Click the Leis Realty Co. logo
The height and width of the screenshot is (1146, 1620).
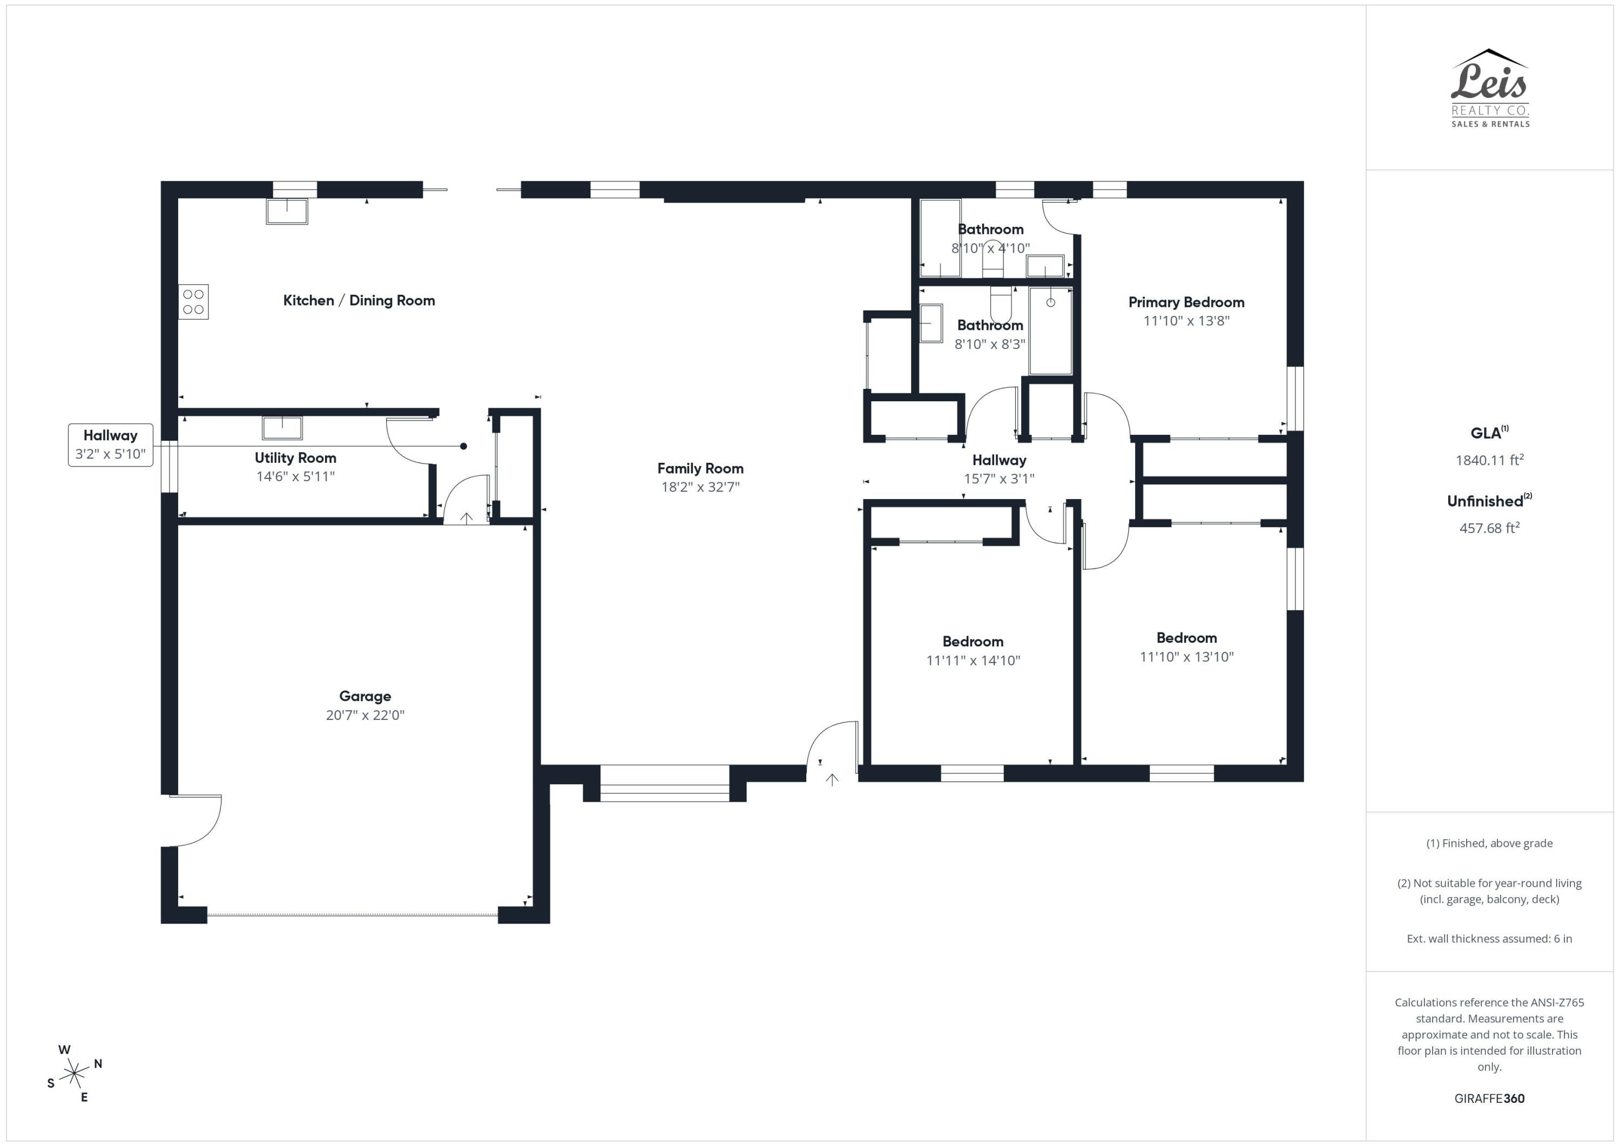pos(1489,88)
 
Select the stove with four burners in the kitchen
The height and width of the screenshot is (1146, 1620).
pos(193,302)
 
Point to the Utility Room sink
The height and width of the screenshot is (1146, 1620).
pos(282,428)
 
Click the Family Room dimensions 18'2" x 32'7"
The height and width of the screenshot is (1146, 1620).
pos(700,487)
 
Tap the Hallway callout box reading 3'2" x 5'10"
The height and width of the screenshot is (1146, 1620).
pos(111,444)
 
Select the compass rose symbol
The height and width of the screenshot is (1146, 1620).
pos(74,1074)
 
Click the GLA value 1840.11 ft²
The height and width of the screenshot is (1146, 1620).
pos(1489,460)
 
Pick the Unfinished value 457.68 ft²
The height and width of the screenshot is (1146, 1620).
pos(1489,528)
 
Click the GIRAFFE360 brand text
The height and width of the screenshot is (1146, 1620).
pos(1489,1098)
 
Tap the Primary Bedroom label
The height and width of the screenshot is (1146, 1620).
pos(1186,302)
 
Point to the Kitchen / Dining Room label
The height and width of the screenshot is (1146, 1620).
pos(359,301)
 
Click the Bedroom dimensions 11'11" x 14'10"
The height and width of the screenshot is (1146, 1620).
pos(973,660)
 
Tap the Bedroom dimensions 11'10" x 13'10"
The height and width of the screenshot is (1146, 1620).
pos(1186,657)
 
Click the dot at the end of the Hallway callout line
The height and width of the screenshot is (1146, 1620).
pos(463,446)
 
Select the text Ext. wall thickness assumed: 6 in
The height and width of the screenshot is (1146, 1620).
pos(1489,939)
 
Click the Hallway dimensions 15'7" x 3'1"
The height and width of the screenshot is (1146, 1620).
pos(999,478)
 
